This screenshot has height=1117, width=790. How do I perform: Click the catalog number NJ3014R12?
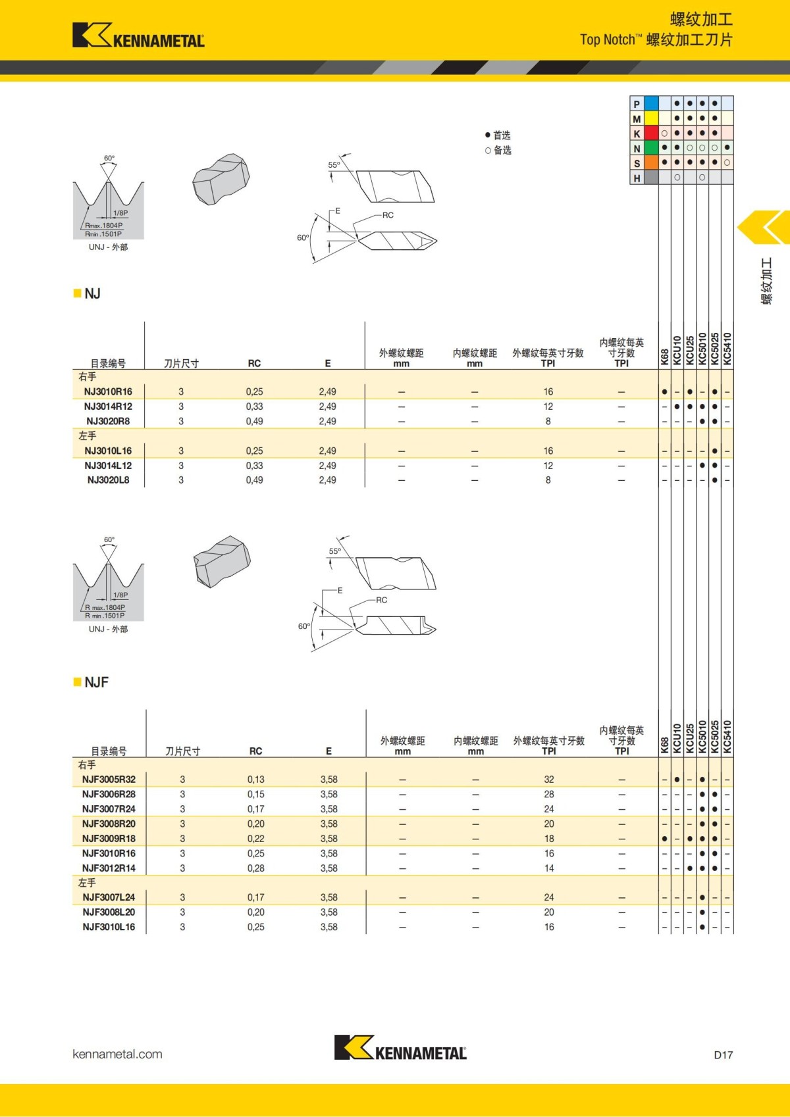point(108,407)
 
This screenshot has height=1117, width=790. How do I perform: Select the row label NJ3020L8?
point(108,480)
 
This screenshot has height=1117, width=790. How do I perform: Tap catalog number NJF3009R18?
point(109,839)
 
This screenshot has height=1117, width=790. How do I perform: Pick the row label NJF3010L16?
point(109,927)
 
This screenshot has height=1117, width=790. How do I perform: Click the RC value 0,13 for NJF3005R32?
point(256,780)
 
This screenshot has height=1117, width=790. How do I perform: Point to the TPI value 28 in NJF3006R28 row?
point(549,795)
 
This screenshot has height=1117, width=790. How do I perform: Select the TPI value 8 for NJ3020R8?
point(548,421)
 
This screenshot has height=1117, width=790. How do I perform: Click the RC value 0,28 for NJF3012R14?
point(256,868)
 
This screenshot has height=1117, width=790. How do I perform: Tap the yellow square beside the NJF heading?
point(77,682)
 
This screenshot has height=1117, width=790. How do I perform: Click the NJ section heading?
point(93,293)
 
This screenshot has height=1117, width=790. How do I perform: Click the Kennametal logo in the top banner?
point(138,36)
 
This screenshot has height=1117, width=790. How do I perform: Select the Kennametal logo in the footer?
point(400,1047)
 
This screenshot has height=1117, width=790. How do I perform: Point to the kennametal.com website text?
point(117,1054)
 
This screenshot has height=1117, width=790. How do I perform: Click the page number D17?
point(723,1055)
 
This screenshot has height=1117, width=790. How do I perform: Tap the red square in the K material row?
point(651,134)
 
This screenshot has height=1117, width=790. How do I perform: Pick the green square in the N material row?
point(651,148)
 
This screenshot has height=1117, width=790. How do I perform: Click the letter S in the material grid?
point(637,163)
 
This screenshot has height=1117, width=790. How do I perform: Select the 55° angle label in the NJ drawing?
point(334,165)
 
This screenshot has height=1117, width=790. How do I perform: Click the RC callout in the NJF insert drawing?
point(382,600)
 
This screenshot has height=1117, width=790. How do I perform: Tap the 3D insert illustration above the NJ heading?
point(221,180)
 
